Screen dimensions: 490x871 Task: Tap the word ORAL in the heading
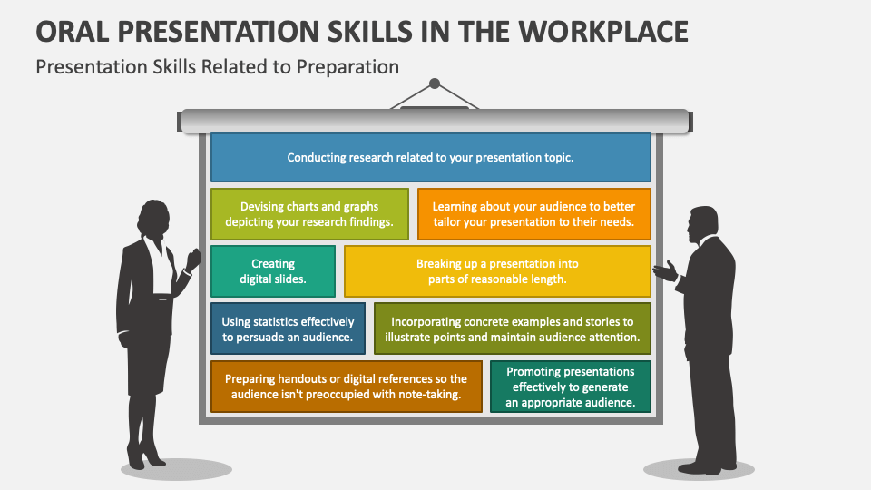72,31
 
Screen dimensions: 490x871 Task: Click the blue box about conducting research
430,157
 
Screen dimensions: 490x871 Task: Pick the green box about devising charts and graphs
309,214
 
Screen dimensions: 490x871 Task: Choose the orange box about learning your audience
533,214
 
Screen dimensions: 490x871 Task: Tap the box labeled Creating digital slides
273,271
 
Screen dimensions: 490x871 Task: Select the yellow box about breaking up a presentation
497,271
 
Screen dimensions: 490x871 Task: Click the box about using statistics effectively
289,328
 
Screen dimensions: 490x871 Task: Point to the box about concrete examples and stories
513,328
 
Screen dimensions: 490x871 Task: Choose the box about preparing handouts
347,387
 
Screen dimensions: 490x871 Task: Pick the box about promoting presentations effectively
571,387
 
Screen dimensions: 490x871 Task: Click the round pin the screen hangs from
435,83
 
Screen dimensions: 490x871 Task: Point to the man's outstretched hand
663,269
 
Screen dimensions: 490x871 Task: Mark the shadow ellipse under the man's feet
698,469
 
